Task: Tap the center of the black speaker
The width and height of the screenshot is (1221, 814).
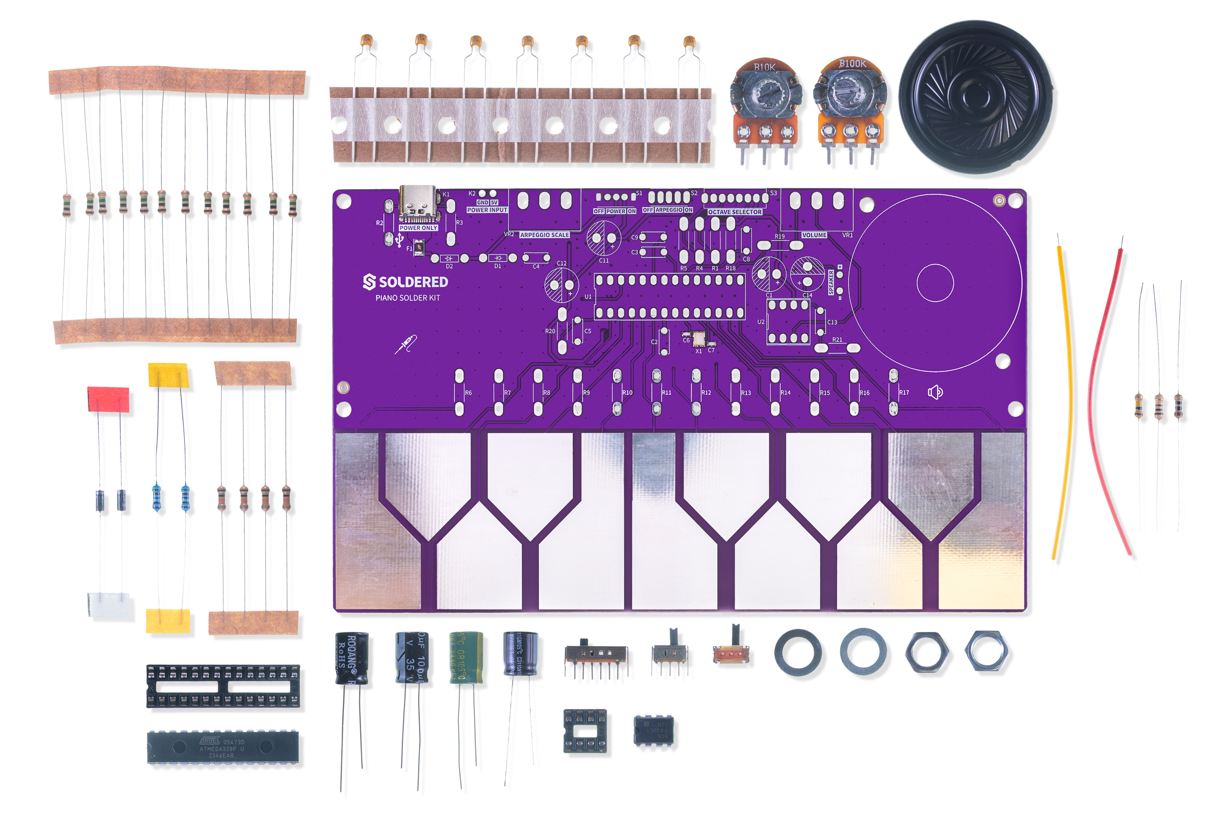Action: pos(975,96)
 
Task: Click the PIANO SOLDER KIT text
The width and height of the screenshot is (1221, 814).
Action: pos(408,298)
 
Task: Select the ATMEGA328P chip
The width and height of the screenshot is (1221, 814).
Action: pos(223,747)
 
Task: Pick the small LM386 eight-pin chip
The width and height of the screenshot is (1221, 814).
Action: pos(654,731)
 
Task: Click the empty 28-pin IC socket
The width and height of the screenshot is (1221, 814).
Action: pos(223,686)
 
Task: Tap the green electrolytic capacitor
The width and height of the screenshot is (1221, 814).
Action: pos(466,657)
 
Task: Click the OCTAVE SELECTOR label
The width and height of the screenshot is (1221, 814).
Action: pos(735,212)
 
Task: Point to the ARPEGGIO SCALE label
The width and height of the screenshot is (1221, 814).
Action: pos(544,235)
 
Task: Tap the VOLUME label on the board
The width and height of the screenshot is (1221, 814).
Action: pos(814,235)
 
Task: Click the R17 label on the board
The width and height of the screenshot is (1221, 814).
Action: pos(904,393)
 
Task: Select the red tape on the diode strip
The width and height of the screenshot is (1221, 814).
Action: pos(108,399)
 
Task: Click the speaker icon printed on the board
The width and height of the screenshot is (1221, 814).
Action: pos(935,392)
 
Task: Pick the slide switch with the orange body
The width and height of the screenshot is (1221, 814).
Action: pos(731,655)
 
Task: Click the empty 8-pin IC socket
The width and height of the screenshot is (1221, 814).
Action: pos(585,731)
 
